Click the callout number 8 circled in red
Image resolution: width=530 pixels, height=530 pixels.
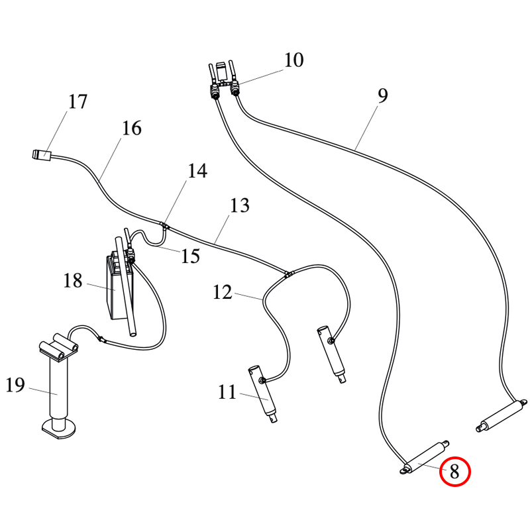pyautogui.click(x=454, y=472)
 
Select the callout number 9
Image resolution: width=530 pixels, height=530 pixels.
pyautogui.click(x=382, y=96)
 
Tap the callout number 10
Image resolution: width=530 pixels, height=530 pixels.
pyautogui.click(x=293, y=60)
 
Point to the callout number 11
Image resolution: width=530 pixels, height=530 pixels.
pyautogui.click(x=227, y=393)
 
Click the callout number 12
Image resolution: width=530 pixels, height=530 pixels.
pyautogui.click(x=223, y=291)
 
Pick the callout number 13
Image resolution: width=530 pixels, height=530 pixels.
pyautogui.click(x=240, y=205)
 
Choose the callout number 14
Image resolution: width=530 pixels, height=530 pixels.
pyautogui.click(x=197, y=171)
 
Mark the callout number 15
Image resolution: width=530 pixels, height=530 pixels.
pyautogui.click(x=190, y=256)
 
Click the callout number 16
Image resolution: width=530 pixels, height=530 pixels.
pyautogui.click(x=132, y=128)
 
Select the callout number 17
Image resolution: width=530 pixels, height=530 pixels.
pyautogui.click(x=78, y=102)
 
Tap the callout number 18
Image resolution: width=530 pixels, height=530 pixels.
pyautogui.click(x=73, y=281)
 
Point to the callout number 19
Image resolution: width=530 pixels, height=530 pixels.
pyautogui.click(x=15, y=384)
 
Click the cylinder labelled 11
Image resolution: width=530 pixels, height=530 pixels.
pyautogui.click(x=265, y=396)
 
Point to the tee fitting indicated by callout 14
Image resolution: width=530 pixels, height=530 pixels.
pyautogui.click(x=164, y=225)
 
